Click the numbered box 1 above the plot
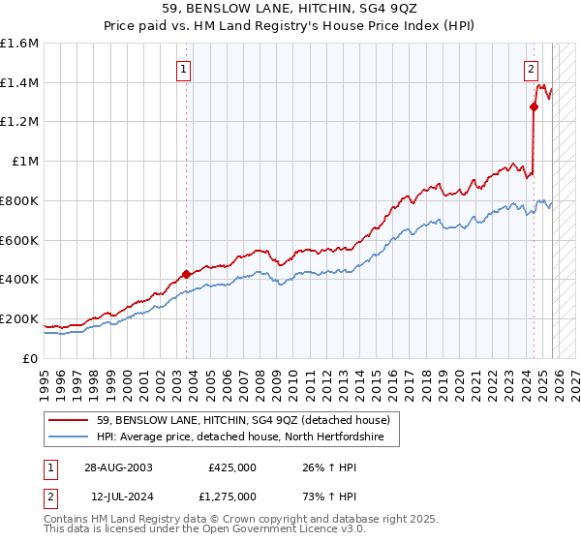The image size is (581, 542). pyautogui.click(x=183, y=69)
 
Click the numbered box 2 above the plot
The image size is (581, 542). pyautogui.click(x=532, y=69)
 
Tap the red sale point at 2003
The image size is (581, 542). pyautogui.click(x=187, y=274)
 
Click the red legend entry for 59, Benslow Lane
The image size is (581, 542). pyautogui.click(x=242, y=420)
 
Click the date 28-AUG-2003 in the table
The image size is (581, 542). pyautogui.click(x=118, y=467)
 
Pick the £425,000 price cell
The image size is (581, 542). pyautogui.click(x=232, y=467)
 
